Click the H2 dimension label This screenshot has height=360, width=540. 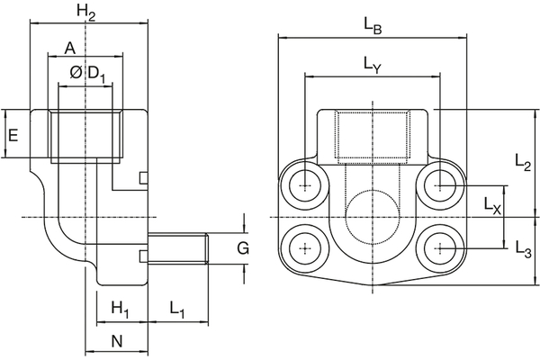(x=85, y=13)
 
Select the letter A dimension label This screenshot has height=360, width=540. (x=69, y=47)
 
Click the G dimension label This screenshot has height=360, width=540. (x=241, y=247)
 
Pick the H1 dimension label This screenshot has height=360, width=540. (x=120, y=310)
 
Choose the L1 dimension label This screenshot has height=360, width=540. (x=176, y=310)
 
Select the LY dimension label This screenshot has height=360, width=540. (x=372, y=64)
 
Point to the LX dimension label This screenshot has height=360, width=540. (x=491, y=205)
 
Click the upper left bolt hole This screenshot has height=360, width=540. (x=306, y=185)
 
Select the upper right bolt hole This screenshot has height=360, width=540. (x=439, y=185)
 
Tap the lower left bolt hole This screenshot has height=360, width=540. (x=306, y=247)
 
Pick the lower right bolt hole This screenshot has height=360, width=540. (x=439, y=247)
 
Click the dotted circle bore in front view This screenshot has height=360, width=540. (x=372, y=216)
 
